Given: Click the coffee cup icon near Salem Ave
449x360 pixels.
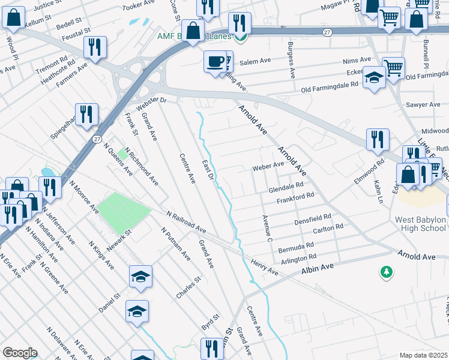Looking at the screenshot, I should click(215, 61).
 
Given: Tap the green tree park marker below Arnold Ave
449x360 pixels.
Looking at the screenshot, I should click(387, 273).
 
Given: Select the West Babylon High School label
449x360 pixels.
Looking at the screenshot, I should click(420, 224).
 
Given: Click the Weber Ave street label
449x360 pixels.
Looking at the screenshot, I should click(268, 165).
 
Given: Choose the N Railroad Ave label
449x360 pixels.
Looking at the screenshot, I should click(187, 222).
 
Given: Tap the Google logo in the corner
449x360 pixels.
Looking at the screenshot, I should click(19, 353).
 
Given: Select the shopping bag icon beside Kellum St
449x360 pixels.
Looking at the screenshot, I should click(13, 18).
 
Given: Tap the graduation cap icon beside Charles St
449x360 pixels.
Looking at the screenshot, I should click(140, 277).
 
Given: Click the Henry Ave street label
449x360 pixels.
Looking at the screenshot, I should click(265, 268).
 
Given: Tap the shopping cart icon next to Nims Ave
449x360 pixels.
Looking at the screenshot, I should click(394, 68).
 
